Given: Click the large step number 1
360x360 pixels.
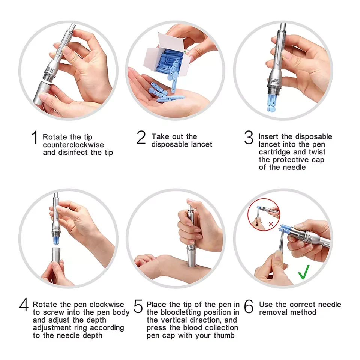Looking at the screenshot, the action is coord(34,137).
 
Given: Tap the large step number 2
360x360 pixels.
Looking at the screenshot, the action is coord(141,137).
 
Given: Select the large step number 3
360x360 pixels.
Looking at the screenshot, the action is coord(249,137).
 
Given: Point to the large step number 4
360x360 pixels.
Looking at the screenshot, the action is coord(24,305).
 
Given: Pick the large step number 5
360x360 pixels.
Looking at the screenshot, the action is coord(138,306).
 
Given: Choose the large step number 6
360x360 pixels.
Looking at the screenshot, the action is coord(249,306).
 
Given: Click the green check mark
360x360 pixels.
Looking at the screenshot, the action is coord(304,272).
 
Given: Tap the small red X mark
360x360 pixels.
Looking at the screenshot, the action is coord(271,224).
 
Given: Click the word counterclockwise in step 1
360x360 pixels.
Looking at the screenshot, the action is coord(73,145).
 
